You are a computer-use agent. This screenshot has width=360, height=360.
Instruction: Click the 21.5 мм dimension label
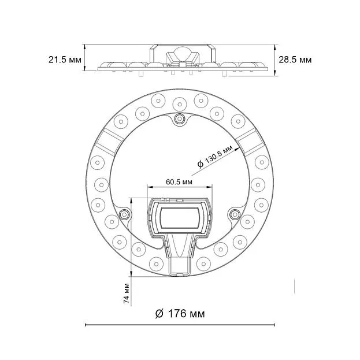point(65,60)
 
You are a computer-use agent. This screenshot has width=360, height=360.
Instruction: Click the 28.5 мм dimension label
point(295,60)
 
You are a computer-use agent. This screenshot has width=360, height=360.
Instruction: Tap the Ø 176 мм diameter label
point(180,314)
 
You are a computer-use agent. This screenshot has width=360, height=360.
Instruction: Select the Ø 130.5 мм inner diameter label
point(215,157)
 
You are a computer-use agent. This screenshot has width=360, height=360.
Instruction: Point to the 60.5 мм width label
point(179,182)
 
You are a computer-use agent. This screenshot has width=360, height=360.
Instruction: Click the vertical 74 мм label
point(127,294)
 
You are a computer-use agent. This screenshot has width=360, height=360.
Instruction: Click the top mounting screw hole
point(180,119)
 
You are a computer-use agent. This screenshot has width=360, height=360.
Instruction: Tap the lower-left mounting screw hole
point(124,214)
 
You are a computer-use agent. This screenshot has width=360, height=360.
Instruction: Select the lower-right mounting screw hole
point(235,214)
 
